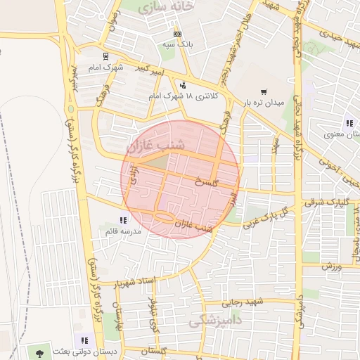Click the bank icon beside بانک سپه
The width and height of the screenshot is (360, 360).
176,34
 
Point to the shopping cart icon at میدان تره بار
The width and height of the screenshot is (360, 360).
264,91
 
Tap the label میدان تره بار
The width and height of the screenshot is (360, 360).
264,103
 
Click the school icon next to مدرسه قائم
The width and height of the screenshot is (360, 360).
124,220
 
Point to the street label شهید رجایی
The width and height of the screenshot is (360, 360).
242,303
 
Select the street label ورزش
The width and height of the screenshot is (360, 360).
331,266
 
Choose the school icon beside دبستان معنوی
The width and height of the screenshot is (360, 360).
349,123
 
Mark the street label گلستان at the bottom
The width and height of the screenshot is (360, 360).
156,349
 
